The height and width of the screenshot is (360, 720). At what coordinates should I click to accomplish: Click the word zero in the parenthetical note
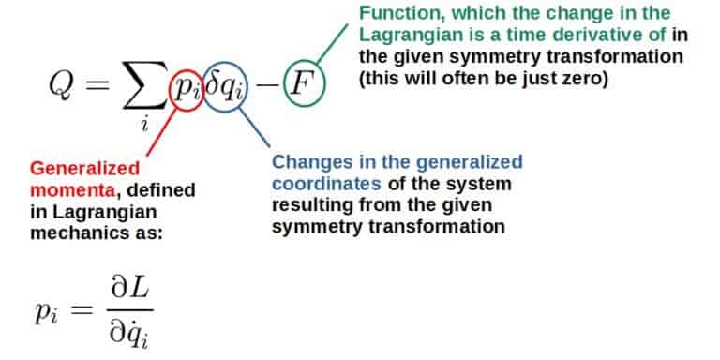[x=584, y=80]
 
